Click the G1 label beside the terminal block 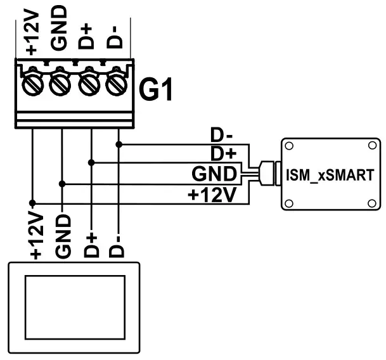pos(156,90)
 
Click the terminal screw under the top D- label pos(115,83)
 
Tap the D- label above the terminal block pos(115,35)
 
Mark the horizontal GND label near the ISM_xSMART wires pos(214,174)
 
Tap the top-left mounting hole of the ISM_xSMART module pos(289,146)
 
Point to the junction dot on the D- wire pos(119,144)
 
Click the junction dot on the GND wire pos(62,184)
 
